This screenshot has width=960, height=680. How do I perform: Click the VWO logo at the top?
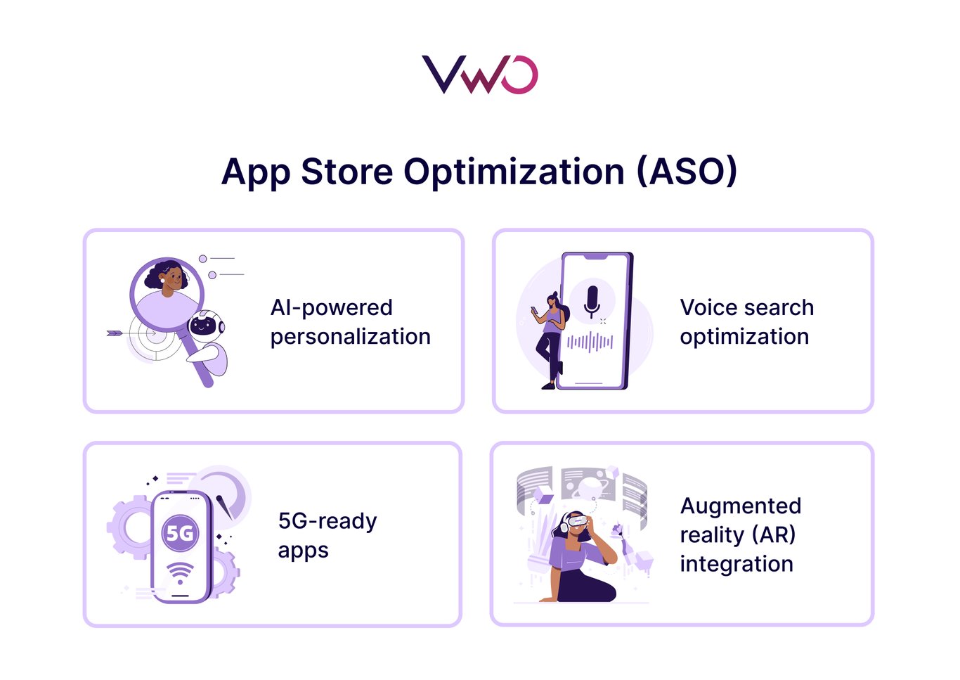479,75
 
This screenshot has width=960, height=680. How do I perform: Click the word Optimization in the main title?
514,172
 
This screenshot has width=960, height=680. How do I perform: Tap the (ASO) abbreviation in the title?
687,172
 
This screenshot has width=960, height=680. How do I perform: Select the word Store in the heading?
346,172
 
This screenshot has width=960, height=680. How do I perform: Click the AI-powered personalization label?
350,322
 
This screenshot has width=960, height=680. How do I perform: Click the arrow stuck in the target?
123,333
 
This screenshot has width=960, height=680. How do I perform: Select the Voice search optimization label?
746,322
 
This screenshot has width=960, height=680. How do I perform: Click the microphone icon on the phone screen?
592,301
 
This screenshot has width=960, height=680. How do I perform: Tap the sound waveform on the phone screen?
590,342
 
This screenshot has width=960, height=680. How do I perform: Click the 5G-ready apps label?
327,535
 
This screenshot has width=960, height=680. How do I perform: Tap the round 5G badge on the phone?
180,533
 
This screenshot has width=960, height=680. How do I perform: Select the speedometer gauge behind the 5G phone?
223,494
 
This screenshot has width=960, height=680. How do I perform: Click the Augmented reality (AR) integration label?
740,534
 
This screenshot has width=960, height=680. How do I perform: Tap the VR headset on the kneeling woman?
575,522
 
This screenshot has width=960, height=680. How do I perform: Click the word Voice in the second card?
708,307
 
